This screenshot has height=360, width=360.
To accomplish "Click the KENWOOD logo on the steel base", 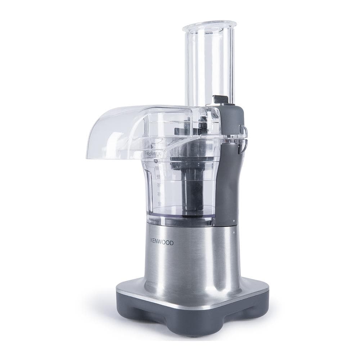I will click(161, 243).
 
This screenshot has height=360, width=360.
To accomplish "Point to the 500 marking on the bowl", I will click(157, 168).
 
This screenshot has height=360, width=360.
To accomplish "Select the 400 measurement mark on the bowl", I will click(157, 176).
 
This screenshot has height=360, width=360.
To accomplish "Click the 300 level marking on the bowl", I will click(158, 185).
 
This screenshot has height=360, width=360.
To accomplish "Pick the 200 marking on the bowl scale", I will click(159, 194).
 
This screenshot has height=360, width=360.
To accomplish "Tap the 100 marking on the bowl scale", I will click(159, 203).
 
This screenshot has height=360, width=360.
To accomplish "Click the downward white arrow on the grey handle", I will click(234, 221).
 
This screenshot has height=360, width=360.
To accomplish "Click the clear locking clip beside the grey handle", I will click(244, 137).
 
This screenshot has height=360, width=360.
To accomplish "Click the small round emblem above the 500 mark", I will click(156, 161).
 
